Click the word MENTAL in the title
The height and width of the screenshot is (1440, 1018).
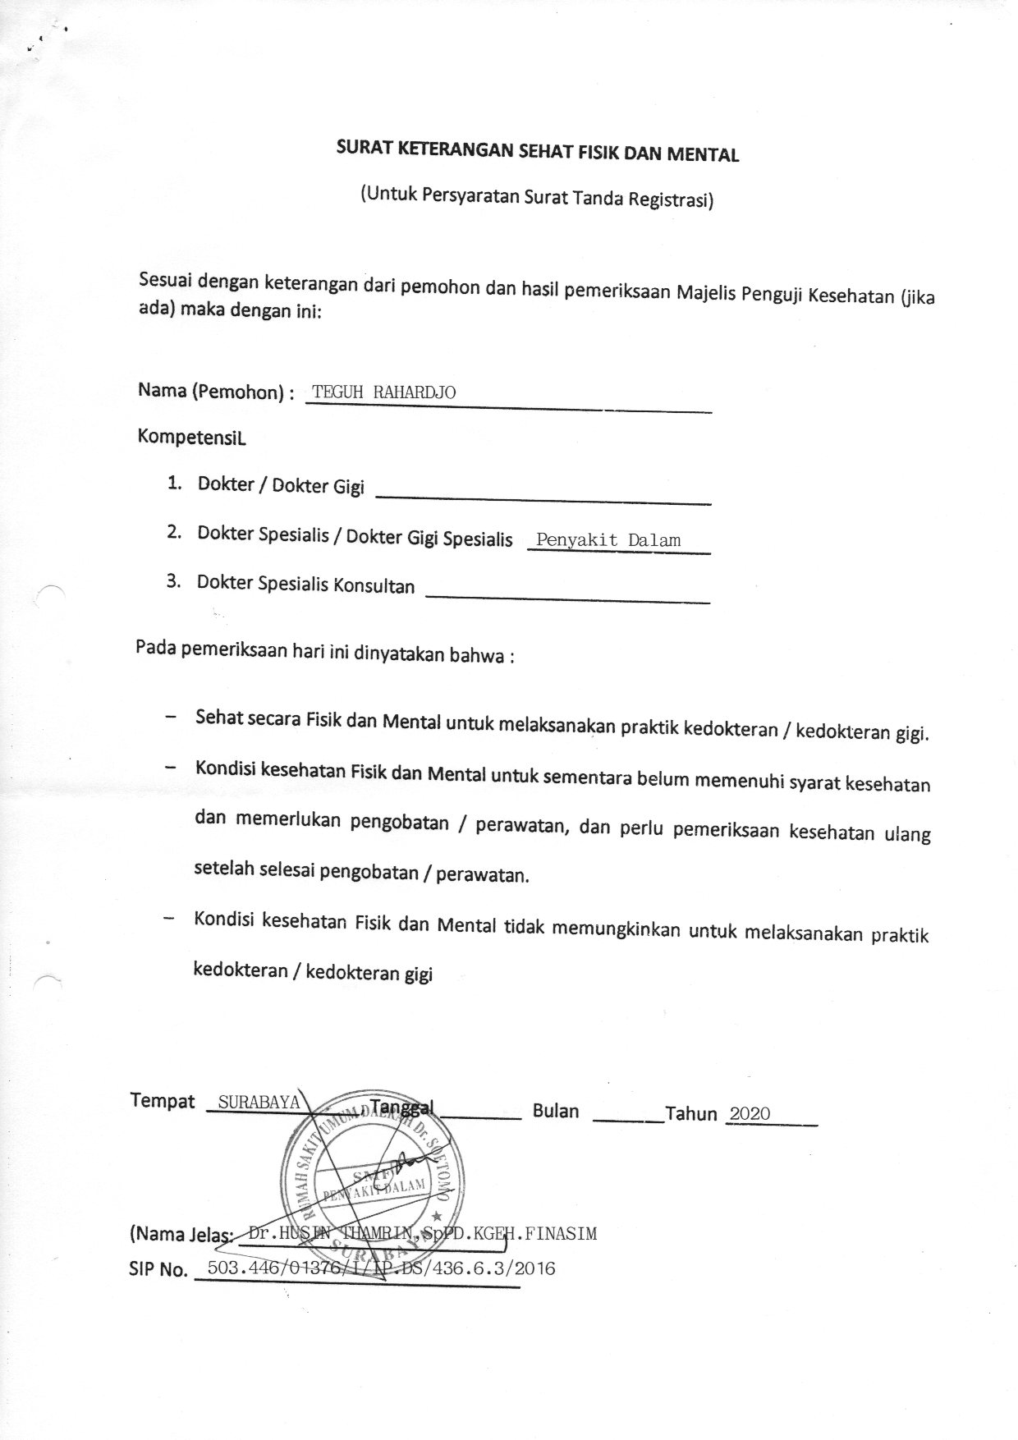click(705, 154)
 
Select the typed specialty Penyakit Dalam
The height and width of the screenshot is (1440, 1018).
click(608, 540)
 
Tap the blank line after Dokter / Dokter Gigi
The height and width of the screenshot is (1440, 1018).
click(543, 494)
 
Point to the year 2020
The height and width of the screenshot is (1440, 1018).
click(750, 1113)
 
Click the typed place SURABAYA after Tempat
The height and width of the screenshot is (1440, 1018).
click(259, 1102)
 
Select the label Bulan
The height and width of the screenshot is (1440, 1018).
click(556, 1111)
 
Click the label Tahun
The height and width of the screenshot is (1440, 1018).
click(691, 1114)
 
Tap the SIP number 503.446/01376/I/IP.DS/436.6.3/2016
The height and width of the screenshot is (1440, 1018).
click(382, 1268)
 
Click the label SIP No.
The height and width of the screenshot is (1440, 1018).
click(158, 1270)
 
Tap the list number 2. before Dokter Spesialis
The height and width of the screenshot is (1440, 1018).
click(173, 532)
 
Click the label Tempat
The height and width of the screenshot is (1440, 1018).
click(163, 1101)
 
